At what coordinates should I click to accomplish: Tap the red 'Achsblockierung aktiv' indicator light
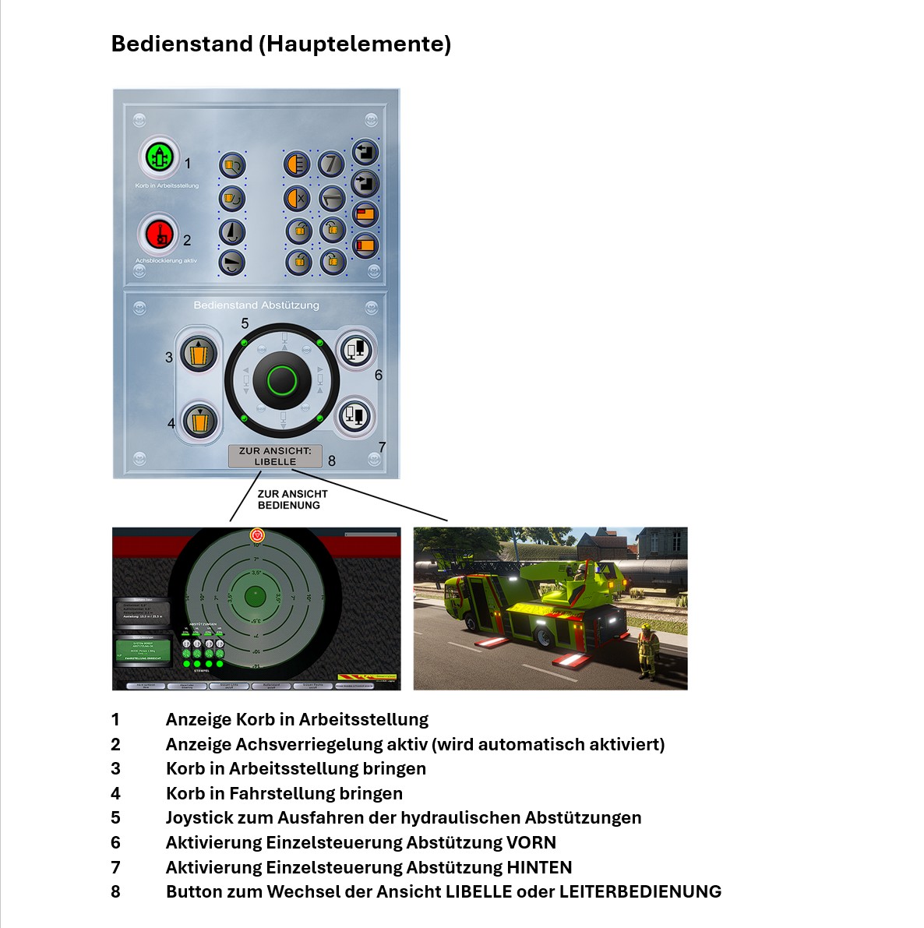click(x=159, y=233)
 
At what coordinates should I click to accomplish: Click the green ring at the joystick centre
click(x=281, y=380)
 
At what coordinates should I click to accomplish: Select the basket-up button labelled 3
click(x=198, y=353)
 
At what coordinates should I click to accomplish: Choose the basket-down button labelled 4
click(x=198, y=422)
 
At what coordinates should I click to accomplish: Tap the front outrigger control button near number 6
click(x=354, y=350)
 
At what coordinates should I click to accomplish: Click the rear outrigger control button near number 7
click(x=354, y=415)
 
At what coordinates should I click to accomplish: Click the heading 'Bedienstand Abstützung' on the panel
click(x=256, y=305)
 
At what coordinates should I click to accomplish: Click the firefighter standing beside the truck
click(x=646, y=651)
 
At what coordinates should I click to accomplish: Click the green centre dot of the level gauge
click(x=255, y=597)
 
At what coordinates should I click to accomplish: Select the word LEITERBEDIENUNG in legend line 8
click(x=640, y=891)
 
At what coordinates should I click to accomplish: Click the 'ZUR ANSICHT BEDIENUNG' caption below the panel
click(x=292, y=499)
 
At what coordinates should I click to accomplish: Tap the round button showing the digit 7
click(x=331, y=164)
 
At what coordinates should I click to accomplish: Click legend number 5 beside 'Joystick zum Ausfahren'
click(x=115, y=817)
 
